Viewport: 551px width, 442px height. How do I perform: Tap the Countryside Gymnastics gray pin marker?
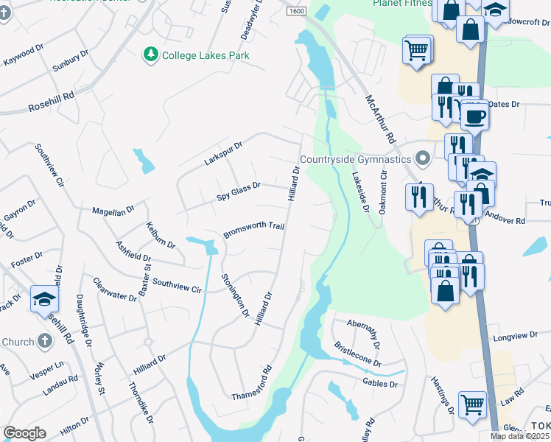(423, 159)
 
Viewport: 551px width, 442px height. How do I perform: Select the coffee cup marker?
(475, 116)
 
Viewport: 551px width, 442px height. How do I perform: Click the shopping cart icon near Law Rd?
(472, 404)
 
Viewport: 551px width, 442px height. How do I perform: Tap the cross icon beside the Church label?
(45, 341)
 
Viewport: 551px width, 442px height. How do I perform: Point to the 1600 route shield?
(296, 11)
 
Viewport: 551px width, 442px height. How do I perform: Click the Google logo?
(24, 433)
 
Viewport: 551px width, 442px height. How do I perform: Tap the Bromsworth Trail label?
(254, 230)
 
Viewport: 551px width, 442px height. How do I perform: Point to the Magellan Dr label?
(113, 211)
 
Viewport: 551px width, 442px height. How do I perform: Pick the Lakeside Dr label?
(359, 192)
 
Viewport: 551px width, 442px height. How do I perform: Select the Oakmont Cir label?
(383, 194)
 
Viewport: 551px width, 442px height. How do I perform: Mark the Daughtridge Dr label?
(83, 321)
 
